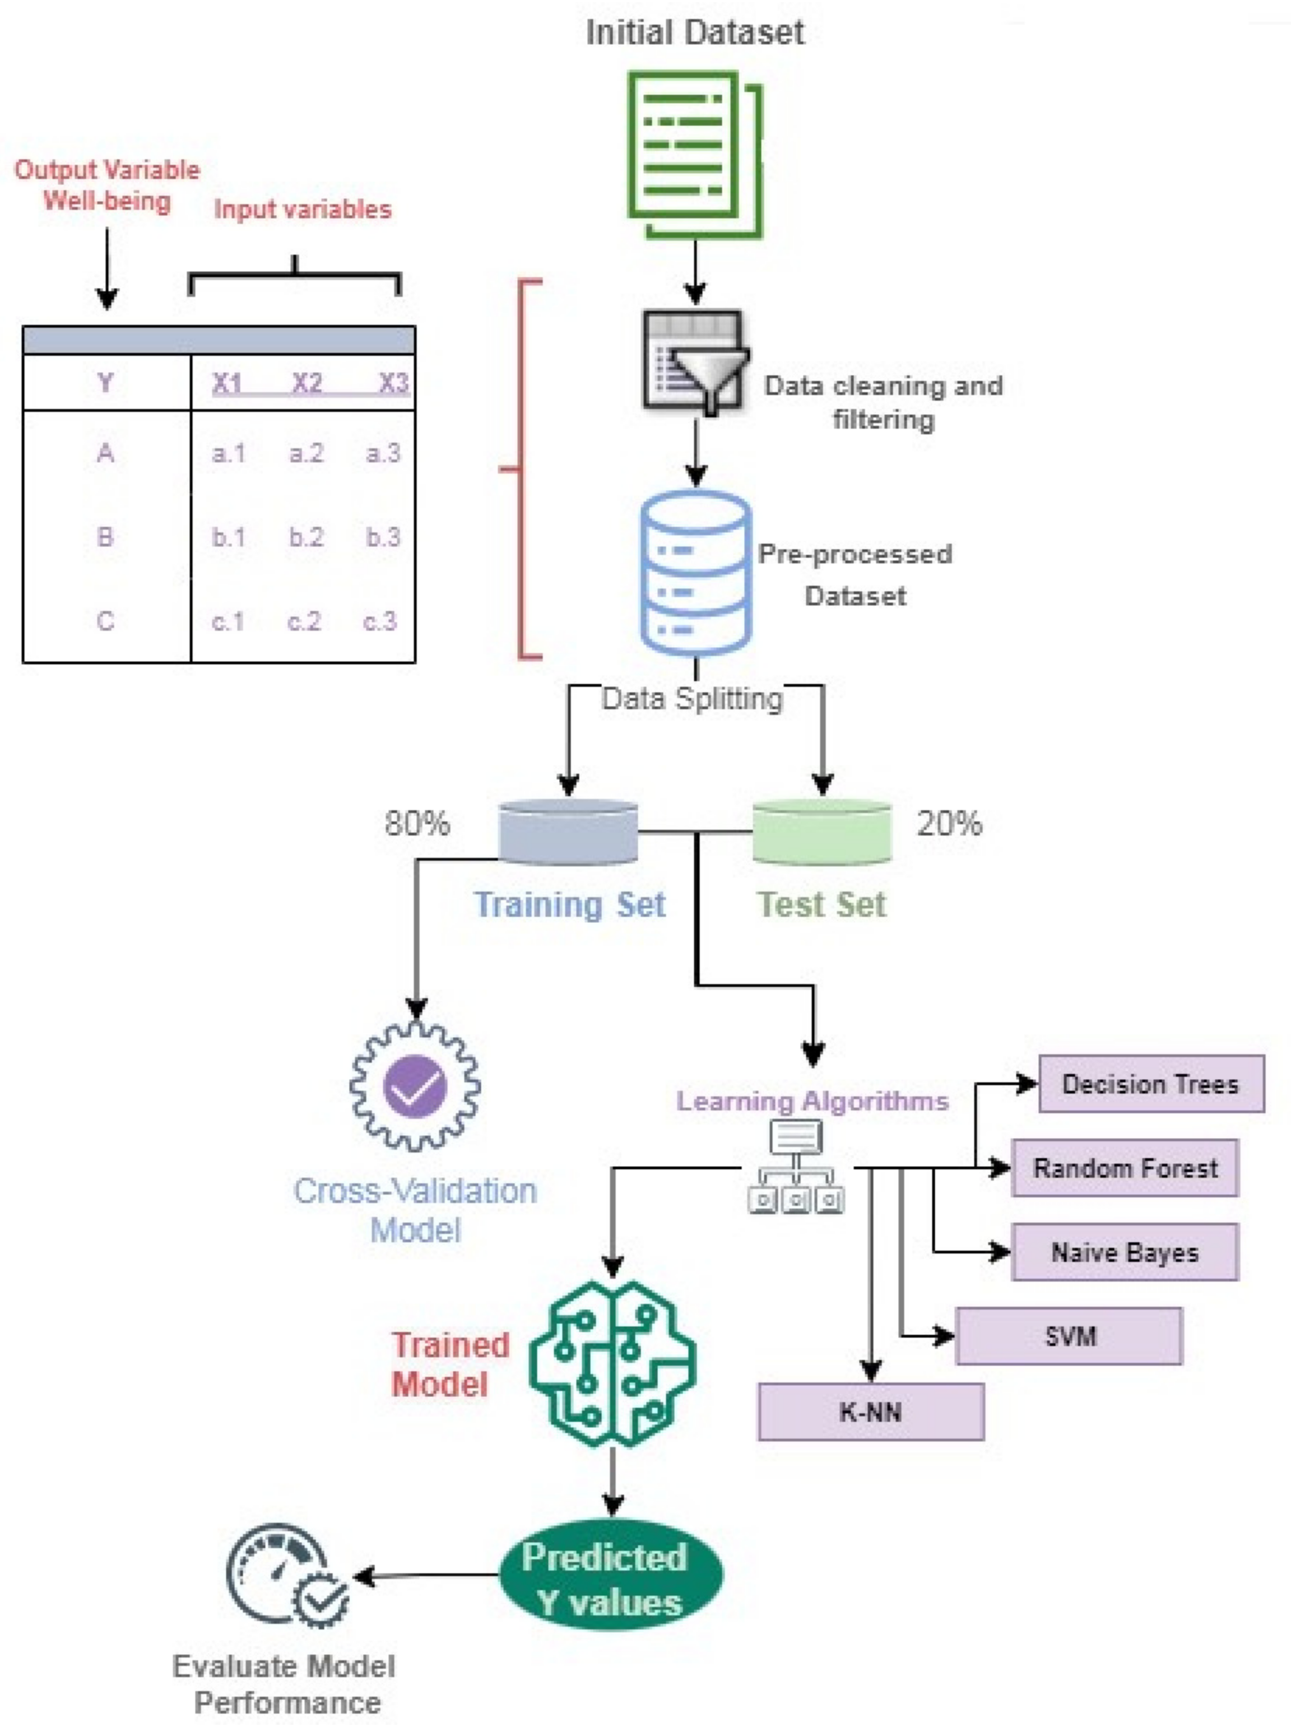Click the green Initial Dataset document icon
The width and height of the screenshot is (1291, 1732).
(695, 155)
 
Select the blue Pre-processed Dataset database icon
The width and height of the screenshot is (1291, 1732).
(695, 573)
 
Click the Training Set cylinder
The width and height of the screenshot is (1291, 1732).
(568, 832)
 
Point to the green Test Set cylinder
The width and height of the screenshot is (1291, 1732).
(821, 832)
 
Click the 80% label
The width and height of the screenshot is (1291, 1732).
(416, 823)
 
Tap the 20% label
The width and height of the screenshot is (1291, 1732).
(950, 823)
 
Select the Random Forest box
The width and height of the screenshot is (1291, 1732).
(1125, 1168)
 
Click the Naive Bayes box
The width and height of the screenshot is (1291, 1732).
(1125, 1252)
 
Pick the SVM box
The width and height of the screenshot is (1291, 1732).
(1069, 1336)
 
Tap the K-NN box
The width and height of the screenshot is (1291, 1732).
(871, 1411)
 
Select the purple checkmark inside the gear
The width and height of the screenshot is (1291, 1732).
(415, 1086)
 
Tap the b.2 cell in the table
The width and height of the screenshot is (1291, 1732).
(305, 537)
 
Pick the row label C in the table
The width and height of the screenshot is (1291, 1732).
(105, 621)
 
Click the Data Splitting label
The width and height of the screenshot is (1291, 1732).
(691, 698)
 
